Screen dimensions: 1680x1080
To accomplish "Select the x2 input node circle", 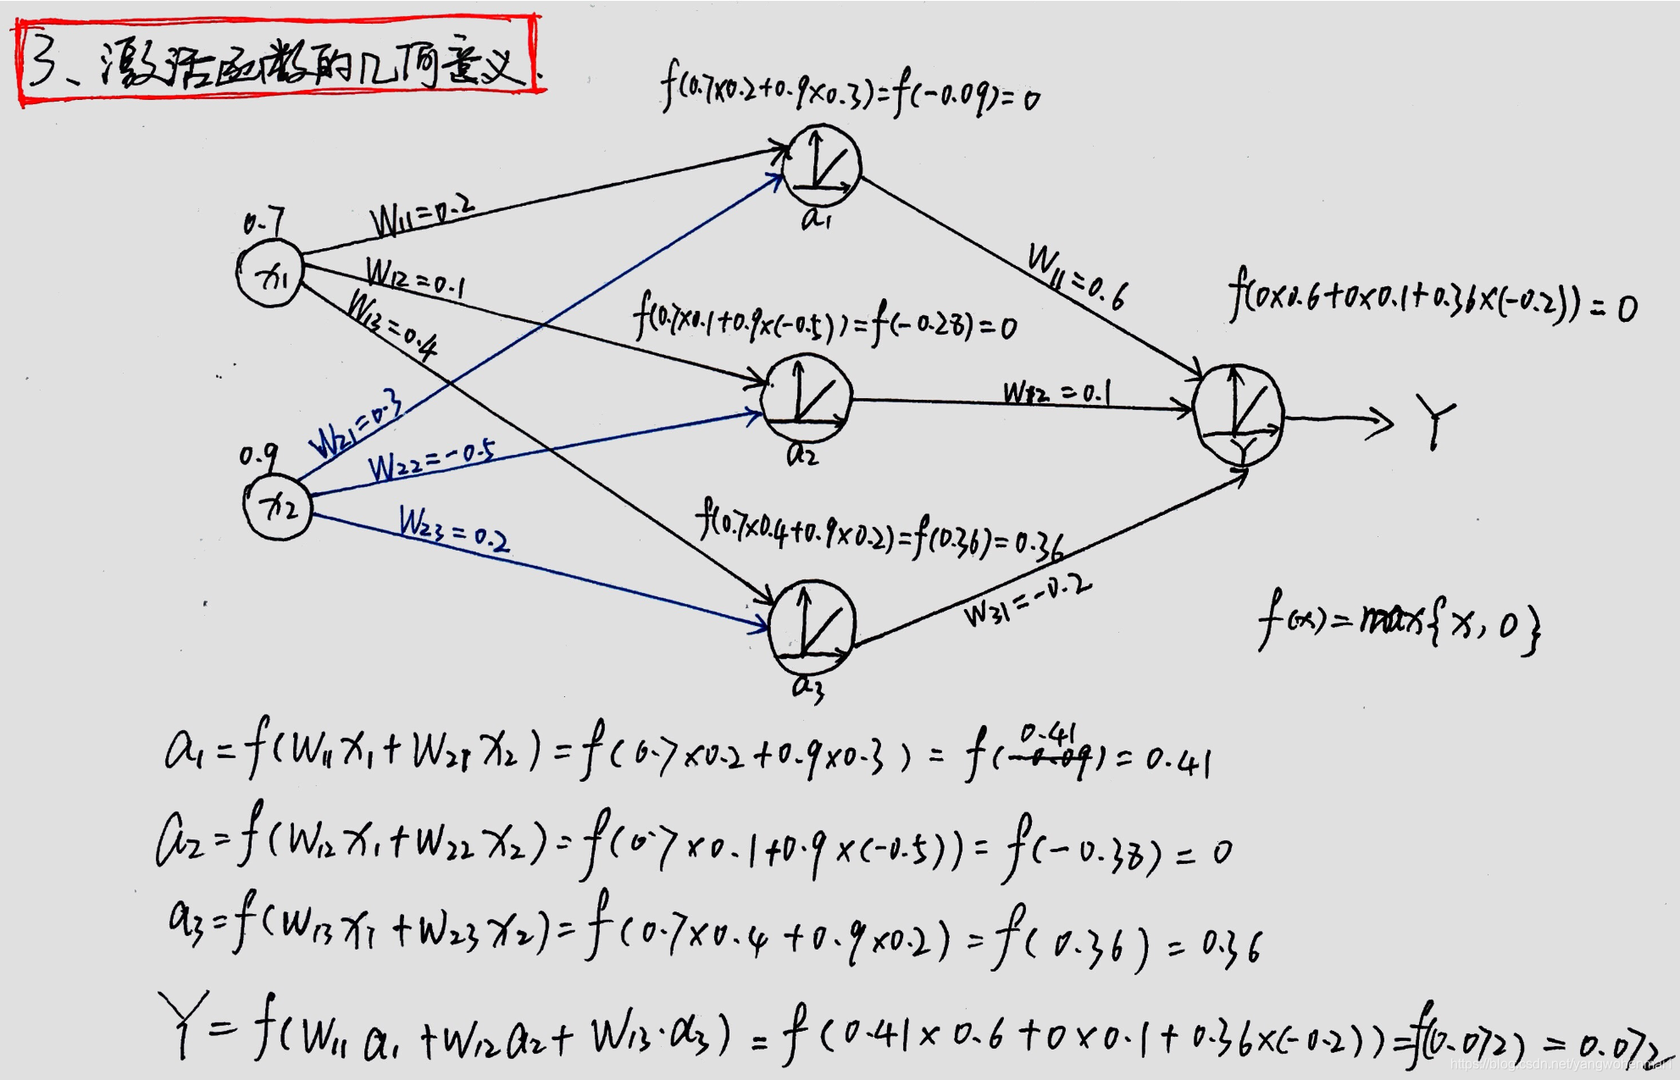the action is tap(278, 506).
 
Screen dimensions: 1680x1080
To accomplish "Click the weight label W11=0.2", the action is tap(421, 215).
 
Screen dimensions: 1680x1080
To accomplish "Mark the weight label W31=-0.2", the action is tap(1027, 601).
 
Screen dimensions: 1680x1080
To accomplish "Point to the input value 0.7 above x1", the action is tap(263, 223).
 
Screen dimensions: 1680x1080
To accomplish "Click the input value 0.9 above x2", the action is tap(258, 456).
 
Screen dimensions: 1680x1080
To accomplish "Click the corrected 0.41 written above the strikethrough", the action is tap(1047, 733).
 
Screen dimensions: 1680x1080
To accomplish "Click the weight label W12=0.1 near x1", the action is tap(414, 277).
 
